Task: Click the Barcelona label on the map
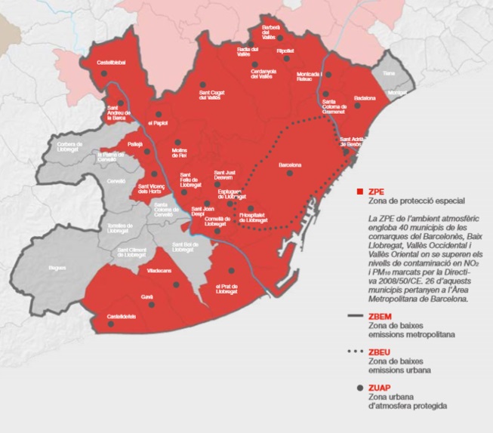click(x=290, y=164)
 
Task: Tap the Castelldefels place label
click(x=122, y=316)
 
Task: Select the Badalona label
click(x=365, y=98)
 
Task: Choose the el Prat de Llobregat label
click(x=227, y=290)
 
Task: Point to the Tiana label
click(x=389, y=73)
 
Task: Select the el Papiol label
click(x=157, y=122)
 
